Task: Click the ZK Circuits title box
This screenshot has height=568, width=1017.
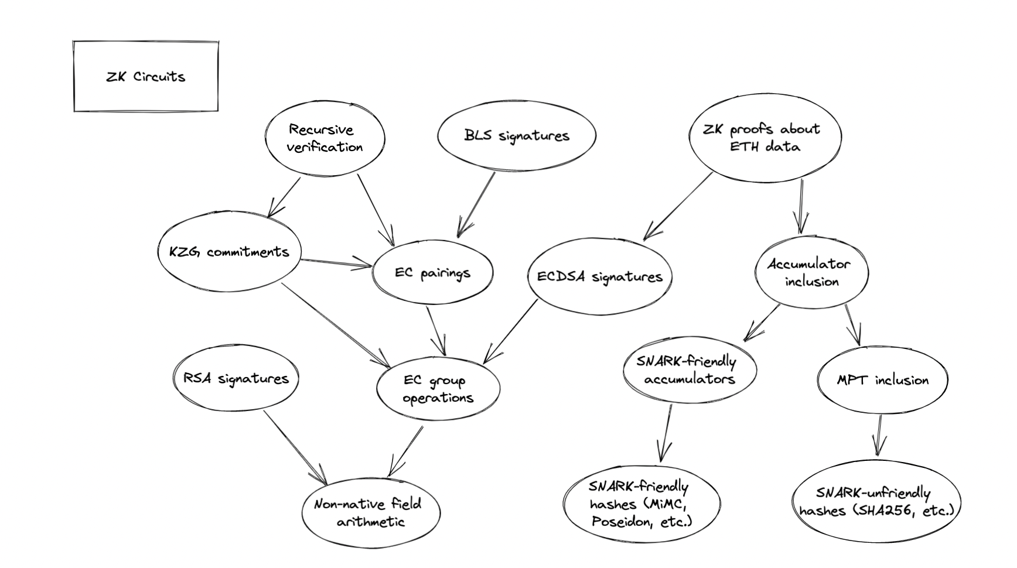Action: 145,76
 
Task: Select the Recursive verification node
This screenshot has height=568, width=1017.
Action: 325,138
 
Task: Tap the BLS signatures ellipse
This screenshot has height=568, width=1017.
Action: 516,135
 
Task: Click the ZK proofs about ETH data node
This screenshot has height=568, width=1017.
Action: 764,137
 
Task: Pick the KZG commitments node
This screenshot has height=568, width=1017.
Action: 229,252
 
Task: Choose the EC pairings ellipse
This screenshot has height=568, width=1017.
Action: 432,273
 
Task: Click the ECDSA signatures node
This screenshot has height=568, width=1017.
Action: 599,277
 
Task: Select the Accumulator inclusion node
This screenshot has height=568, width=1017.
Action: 811,272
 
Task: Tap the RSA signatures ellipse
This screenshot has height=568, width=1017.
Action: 236,378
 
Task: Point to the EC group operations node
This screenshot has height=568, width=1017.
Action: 438,389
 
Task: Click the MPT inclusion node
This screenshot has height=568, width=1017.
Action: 882,380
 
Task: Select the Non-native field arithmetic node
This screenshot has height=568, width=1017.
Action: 369,512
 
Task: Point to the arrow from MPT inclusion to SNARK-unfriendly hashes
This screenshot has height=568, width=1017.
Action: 878,434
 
